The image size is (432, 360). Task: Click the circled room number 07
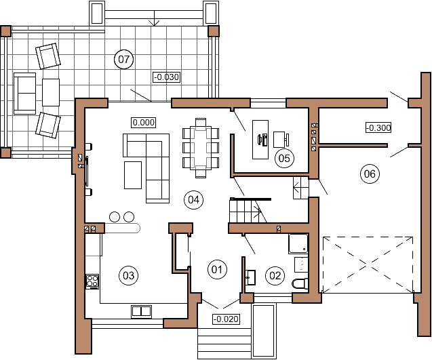(124, 60)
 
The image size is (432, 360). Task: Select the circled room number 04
(194, 199)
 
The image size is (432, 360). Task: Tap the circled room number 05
(284, 159)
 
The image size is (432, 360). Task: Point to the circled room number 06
(370, 174)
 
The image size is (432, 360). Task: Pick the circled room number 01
(217, 270)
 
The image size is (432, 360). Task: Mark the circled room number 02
(275, 275)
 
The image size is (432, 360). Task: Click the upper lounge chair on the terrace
(47, 56)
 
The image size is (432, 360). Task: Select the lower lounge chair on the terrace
(47, 125)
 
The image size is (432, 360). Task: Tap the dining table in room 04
(201, 147)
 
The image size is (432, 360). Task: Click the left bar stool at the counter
(113, 217)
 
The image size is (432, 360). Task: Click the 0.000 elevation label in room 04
(144, 123)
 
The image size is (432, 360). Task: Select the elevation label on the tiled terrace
(167, 77)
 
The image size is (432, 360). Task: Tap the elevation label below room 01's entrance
(227, 319)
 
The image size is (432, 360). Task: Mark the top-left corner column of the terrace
(6, 31)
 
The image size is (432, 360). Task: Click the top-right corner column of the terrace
(214, 31)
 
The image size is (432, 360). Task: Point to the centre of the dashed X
(367, 264)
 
